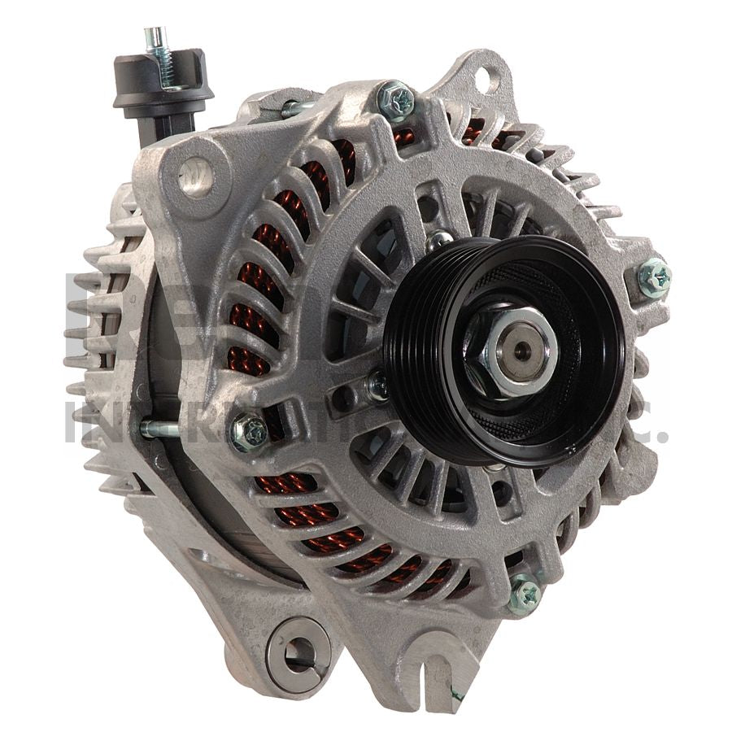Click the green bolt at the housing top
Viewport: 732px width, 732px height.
396,101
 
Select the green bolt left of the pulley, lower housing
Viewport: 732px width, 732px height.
250,432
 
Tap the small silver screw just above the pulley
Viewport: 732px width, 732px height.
439,240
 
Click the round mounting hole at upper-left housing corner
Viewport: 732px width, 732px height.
194,175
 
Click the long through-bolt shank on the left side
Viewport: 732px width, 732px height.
163,429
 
